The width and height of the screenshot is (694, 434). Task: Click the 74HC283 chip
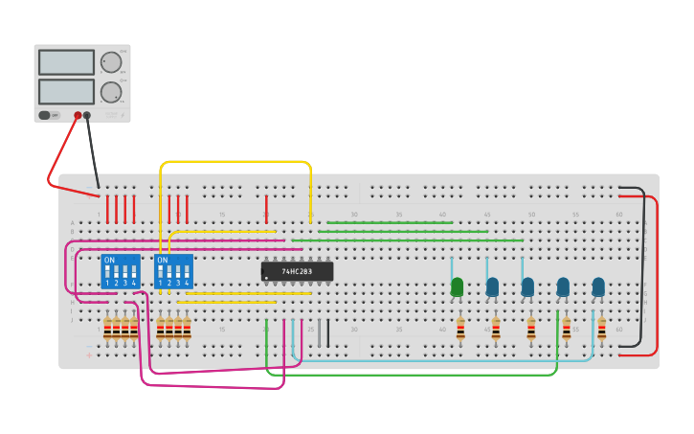(x=297, y=271)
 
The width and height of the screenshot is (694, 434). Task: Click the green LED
(x=457, y=286)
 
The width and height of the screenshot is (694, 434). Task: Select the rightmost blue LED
(x=598, y=286)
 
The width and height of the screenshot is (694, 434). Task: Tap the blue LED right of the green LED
(x=492, y=286)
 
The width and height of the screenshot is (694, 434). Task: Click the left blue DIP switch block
(x=121, y=271)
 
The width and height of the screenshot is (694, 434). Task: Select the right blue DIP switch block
(x=173, y=271)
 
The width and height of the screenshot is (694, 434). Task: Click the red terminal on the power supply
(x=78, y=115)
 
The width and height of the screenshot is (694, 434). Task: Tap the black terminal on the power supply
(x=87, y=115)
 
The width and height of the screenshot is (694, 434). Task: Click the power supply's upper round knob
(x=111, y=62)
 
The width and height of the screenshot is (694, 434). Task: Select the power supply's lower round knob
(x=111, y=92)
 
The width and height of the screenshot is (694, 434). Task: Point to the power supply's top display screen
(x=66, y=62)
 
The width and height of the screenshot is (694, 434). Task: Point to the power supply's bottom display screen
(x=66, y=91)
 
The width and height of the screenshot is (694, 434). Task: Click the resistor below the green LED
(x=460, y=330)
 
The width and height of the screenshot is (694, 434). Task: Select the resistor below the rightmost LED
(x=601, y=330)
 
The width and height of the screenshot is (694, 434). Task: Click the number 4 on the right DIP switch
(x=187, y=283)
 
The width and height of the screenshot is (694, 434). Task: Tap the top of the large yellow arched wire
(x=235, y=162)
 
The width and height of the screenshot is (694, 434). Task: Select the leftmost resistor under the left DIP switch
(x=107, y=330)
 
